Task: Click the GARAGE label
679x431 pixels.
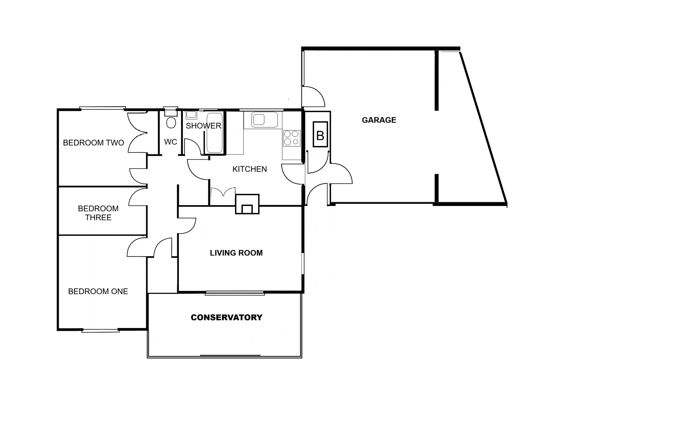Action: pos(379,120)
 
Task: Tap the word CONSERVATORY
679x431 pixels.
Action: pos(226,317)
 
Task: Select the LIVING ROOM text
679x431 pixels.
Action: pos(236,253)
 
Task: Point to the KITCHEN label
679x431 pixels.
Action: pos(249,169)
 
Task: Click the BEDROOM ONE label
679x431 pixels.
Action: pos(98,291)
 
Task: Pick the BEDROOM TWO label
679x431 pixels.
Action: pos(93,143)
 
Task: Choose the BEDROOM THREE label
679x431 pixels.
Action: pos(98,213)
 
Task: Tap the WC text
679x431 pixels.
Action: pos(170,142)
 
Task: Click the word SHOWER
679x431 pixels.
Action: pos(203,126)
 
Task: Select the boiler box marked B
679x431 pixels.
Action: pos(320,135)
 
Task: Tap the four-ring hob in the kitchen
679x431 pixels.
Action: pos(291,138)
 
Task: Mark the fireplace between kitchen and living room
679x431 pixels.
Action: pos(247,204)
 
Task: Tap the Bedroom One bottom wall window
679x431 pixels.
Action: pos(101,330)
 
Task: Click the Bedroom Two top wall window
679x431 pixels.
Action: pos(103,108)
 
